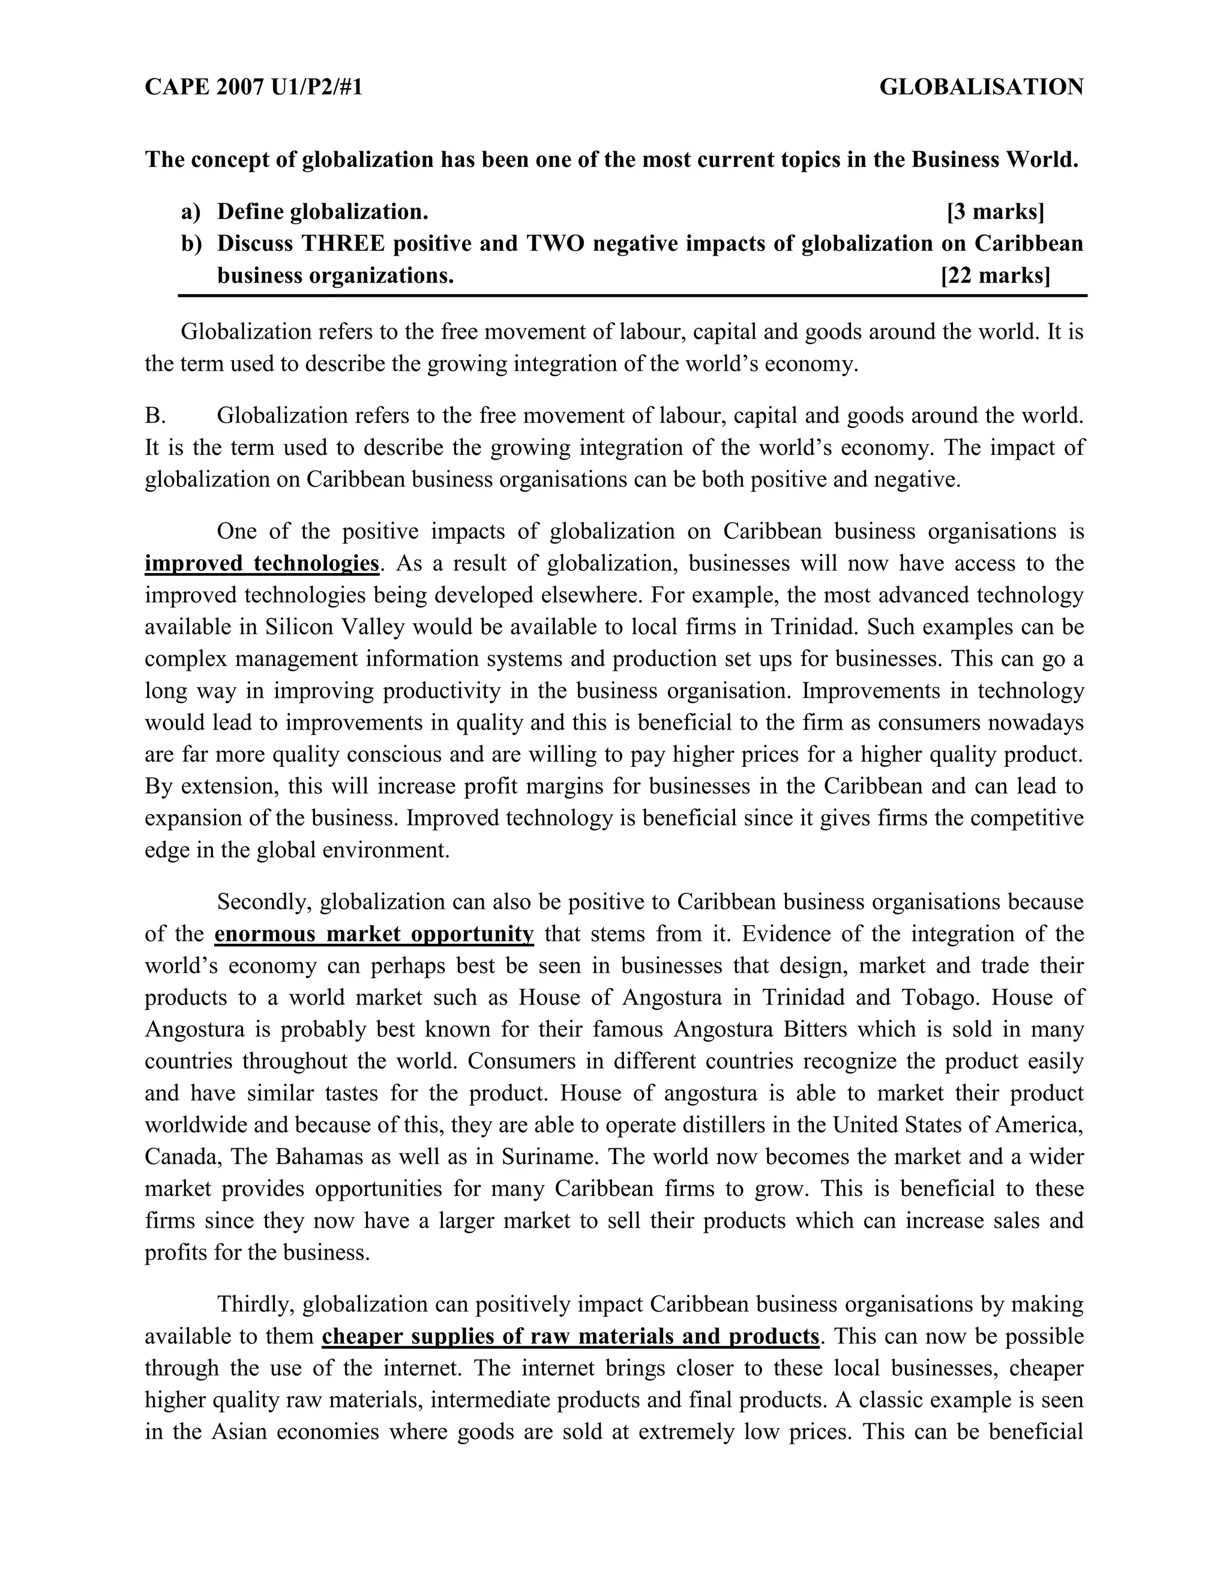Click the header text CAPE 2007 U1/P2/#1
point(253,88)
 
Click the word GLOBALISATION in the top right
point(981,88)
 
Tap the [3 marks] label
point(996,212)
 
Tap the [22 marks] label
point(996,276)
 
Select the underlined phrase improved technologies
point(262,563)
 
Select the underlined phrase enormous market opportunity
point(374,934)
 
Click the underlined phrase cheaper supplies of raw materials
point(570,1337)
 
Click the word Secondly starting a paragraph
point(264,902)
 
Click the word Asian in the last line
point(239,1432)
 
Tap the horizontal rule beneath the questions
point(632,296)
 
